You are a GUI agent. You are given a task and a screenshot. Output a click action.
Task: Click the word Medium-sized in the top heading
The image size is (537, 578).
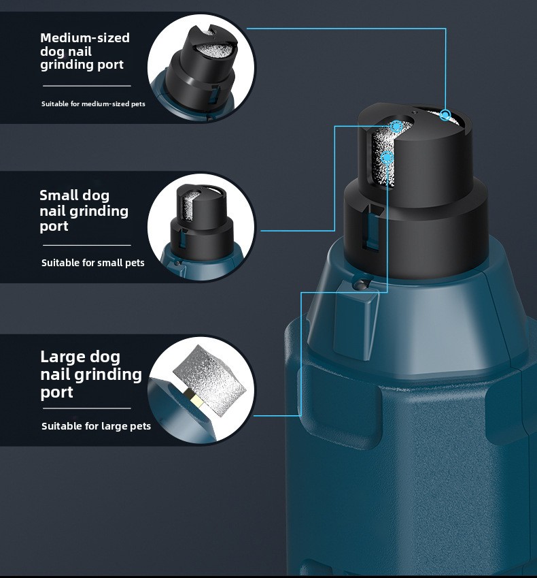85,37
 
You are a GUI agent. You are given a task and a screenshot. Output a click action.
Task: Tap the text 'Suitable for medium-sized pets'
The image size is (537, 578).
93,104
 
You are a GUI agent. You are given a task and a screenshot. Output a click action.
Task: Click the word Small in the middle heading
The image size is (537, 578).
59,195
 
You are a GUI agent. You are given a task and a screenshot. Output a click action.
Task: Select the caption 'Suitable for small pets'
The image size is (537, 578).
92,263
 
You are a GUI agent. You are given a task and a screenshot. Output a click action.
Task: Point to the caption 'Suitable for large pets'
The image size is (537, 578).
96,426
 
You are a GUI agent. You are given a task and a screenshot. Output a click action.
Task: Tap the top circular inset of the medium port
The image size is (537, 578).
201,68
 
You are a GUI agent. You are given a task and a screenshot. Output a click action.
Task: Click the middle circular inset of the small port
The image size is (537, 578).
201,227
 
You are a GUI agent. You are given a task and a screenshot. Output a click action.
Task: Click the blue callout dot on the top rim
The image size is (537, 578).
445,115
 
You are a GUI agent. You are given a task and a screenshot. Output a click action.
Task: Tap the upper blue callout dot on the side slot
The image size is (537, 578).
396,127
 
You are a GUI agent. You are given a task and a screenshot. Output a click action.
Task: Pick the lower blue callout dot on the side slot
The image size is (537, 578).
387,158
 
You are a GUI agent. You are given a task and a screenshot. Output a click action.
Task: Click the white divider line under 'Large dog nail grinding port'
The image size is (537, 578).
87,408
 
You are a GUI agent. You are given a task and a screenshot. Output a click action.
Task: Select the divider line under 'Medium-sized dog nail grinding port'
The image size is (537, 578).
87,86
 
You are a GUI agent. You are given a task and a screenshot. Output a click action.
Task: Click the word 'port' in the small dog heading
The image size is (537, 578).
54,227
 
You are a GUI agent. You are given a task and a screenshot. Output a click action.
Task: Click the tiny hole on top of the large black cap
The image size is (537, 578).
414,112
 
